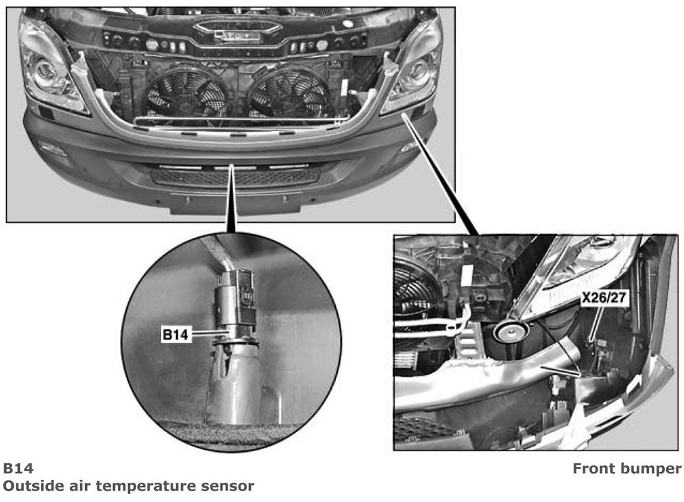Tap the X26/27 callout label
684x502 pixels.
coord(604,298)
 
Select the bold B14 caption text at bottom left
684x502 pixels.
coord(19,468)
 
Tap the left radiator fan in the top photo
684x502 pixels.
coord(186,94)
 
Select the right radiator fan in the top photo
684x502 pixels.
coord(289,93)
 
